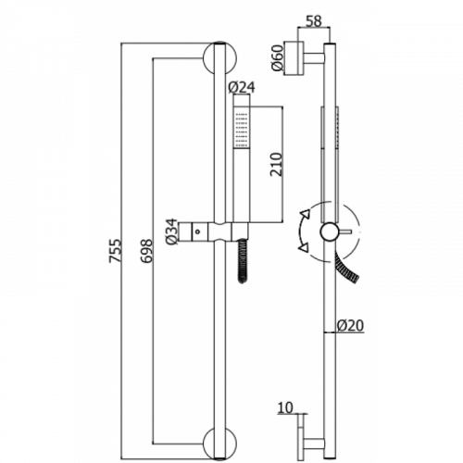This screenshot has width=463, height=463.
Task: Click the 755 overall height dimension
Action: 116,250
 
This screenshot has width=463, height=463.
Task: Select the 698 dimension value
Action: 147,250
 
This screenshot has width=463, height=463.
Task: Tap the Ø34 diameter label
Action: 172,231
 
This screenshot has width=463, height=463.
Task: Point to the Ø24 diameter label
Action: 242,87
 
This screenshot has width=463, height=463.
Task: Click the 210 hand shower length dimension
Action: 276,164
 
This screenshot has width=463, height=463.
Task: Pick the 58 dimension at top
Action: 314,21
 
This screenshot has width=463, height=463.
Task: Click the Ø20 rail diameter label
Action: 350,326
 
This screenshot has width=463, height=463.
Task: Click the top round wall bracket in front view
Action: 219,58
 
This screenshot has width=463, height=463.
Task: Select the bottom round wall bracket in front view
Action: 219,444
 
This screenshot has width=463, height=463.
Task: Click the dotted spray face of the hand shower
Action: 242,129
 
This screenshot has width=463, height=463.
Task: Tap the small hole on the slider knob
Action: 198,231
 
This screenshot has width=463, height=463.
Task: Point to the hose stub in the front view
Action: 243,261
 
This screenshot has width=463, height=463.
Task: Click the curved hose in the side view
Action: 346,268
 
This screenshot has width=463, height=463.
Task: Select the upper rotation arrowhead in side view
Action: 306,214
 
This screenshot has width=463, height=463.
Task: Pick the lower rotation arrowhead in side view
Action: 305,247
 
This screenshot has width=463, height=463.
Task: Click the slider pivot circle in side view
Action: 330,231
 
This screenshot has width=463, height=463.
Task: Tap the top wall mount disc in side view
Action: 294,58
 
